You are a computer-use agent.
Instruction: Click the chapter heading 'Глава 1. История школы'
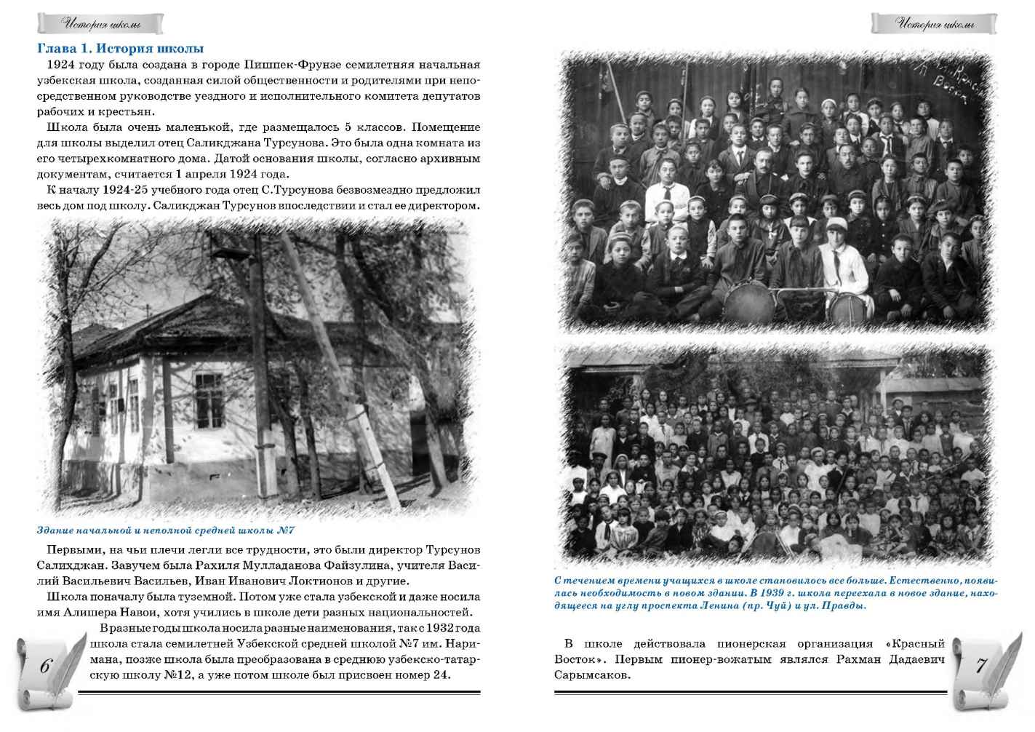[x=120, y=49]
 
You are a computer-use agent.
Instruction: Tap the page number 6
[x=45, y=666]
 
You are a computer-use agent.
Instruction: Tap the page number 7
[x=980, y=665]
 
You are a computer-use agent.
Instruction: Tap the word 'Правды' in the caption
[x=846, y=605]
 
